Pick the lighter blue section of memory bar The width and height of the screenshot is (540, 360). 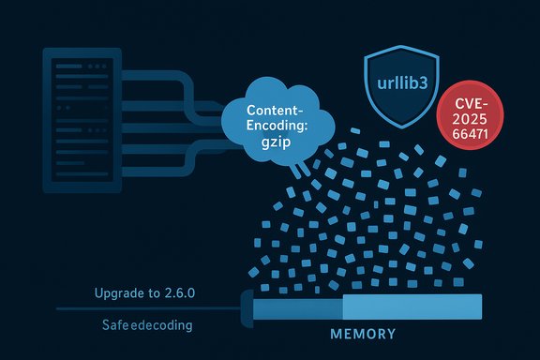(412, 307)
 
